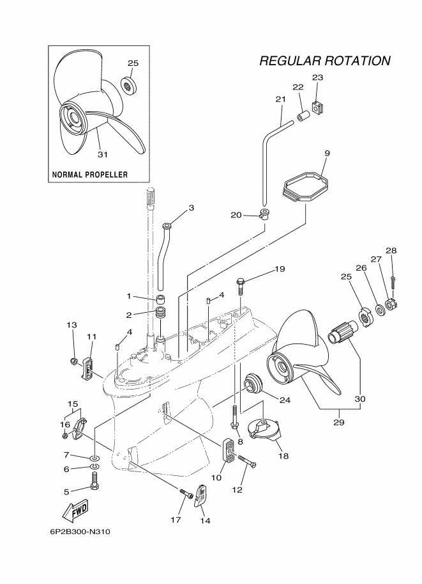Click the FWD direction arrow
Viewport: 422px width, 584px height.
pos(75,509)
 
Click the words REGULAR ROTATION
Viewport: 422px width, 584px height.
pos(325,61)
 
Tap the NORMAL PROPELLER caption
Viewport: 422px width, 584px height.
pos(89,175)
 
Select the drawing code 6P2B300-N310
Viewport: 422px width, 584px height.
pos(80,532)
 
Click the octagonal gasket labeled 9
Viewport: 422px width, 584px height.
pos(306,187)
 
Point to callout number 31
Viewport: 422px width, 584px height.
pos(102,154)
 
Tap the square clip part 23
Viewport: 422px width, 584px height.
pos(318,108)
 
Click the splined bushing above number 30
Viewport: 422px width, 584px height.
pos(341,332)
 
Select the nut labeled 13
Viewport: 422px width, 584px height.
pos(73,361)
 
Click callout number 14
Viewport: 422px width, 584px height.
pos(205,521)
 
